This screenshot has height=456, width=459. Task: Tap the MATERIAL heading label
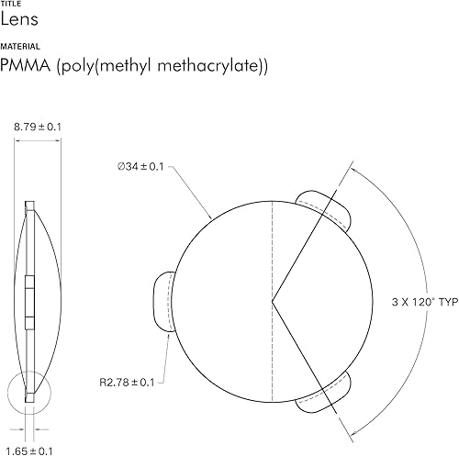tap(19, 46)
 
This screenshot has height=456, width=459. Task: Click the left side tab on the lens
tap(162, 300)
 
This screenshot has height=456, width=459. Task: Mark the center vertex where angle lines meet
tap(272, 300)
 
